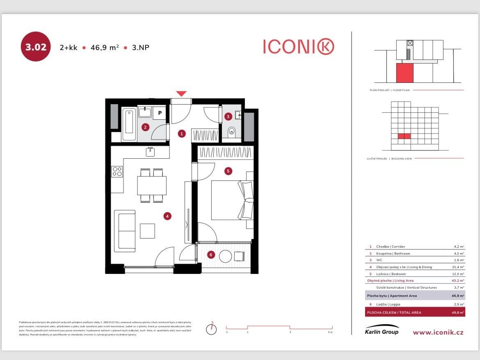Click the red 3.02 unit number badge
pos(35,47)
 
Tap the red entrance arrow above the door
pos(181,93)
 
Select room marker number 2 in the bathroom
pos(145,127)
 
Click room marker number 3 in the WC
pos(228,116)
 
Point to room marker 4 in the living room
pos(167,216)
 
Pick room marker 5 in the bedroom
pos(228,171)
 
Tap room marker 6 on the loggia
pos(211,255)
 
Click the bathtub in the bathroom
pos(129,123)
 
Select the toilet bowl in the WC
pos(231,132)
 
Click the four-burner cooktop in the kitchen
pos(117,171)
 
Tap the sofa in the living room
pos(125,231)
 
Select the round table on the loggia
pos(225,257)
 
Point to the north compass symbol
pos(211,328)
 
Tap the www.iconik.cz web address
pos(438,332)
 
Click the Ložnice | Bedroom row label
pos(391,274)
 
